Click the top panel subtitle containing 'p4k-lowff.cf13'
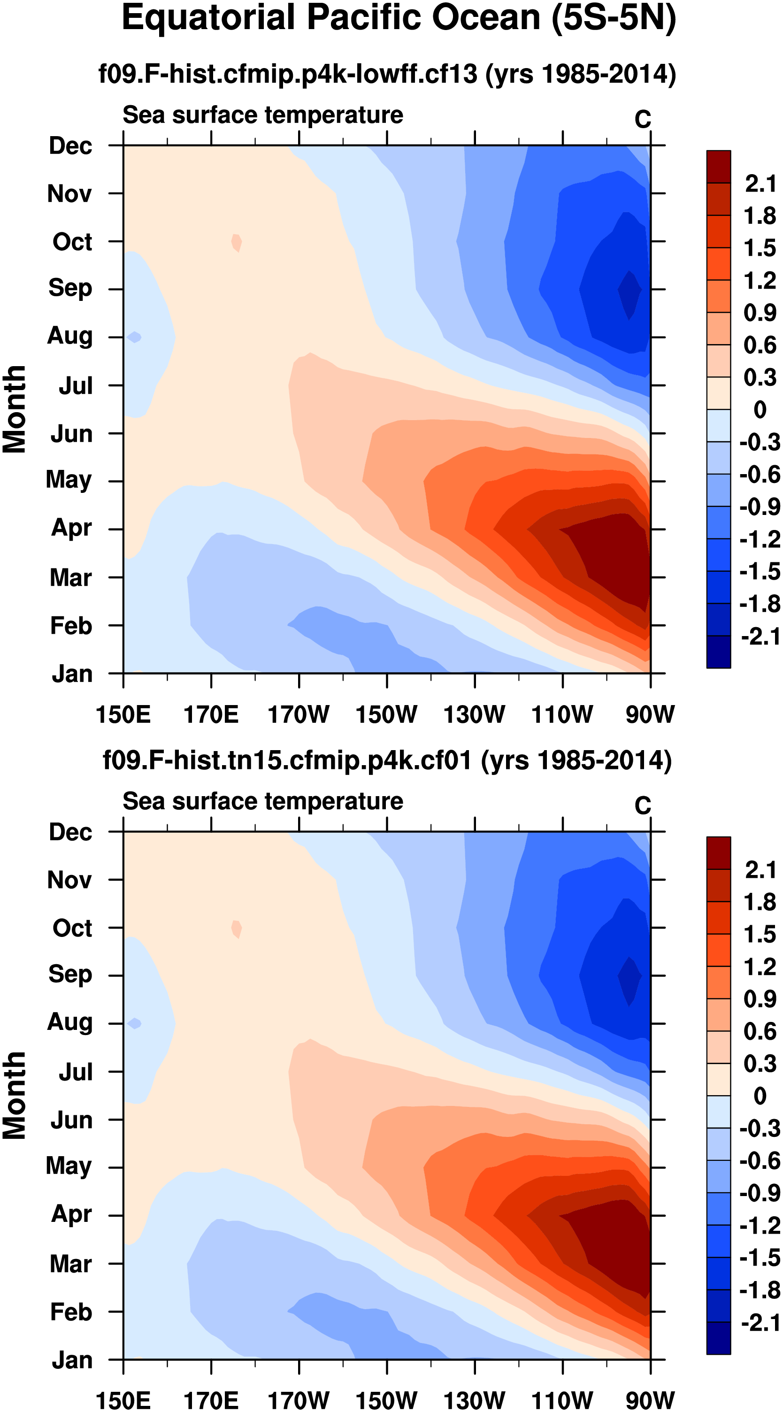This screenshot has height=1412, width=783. click(386, 73)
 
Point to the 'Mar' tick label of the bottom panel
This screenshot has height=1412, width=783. click(70, 1264)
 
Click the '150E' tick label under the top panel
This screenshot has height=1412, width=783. click(123, 715)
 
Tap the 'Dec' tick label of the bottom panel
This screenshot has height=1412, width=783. click(70, 832)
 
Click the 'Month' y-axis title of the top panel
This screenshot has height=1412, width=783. click(14, 409)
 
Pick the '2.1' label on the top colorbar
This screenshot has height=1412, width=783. click(760, 184)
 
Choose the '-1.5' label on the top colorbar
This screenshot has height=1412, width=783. click(760, 572)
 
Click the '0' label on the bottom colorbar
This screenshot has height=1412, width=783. click(760, 1096)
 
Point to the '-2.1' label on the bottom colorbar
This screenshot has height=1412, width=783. click(760, 1323)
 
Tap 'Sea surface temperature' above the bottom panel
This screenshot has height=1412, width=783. click(263, 801)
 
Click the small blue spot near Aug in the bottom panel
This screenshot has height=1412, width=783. click(135, 1023)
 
